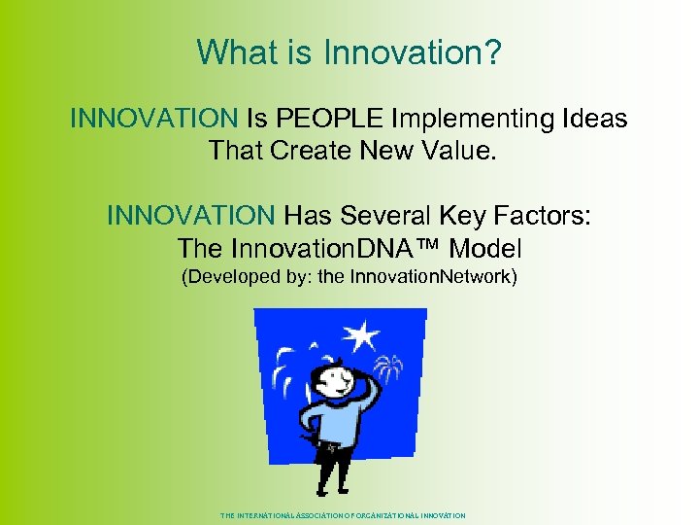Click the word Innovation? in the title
click(423, 52)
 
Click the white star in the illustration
click(362, 336)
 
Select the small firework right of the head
click(387, 368)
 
